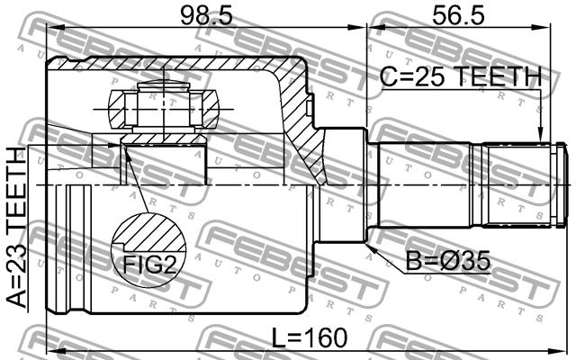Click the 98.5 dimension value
coord(206,16)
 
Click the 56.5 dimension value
coord(458,16)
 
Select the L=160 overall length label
coord(310,337)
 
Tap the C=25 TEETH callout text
coord(461,76)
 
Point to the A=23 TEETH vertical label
coord(17,227)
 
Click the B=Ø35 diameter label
coord(448,261)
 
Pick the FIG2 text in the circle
coord(150,265)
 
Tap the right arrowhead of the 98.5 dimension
coord(357,27)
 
